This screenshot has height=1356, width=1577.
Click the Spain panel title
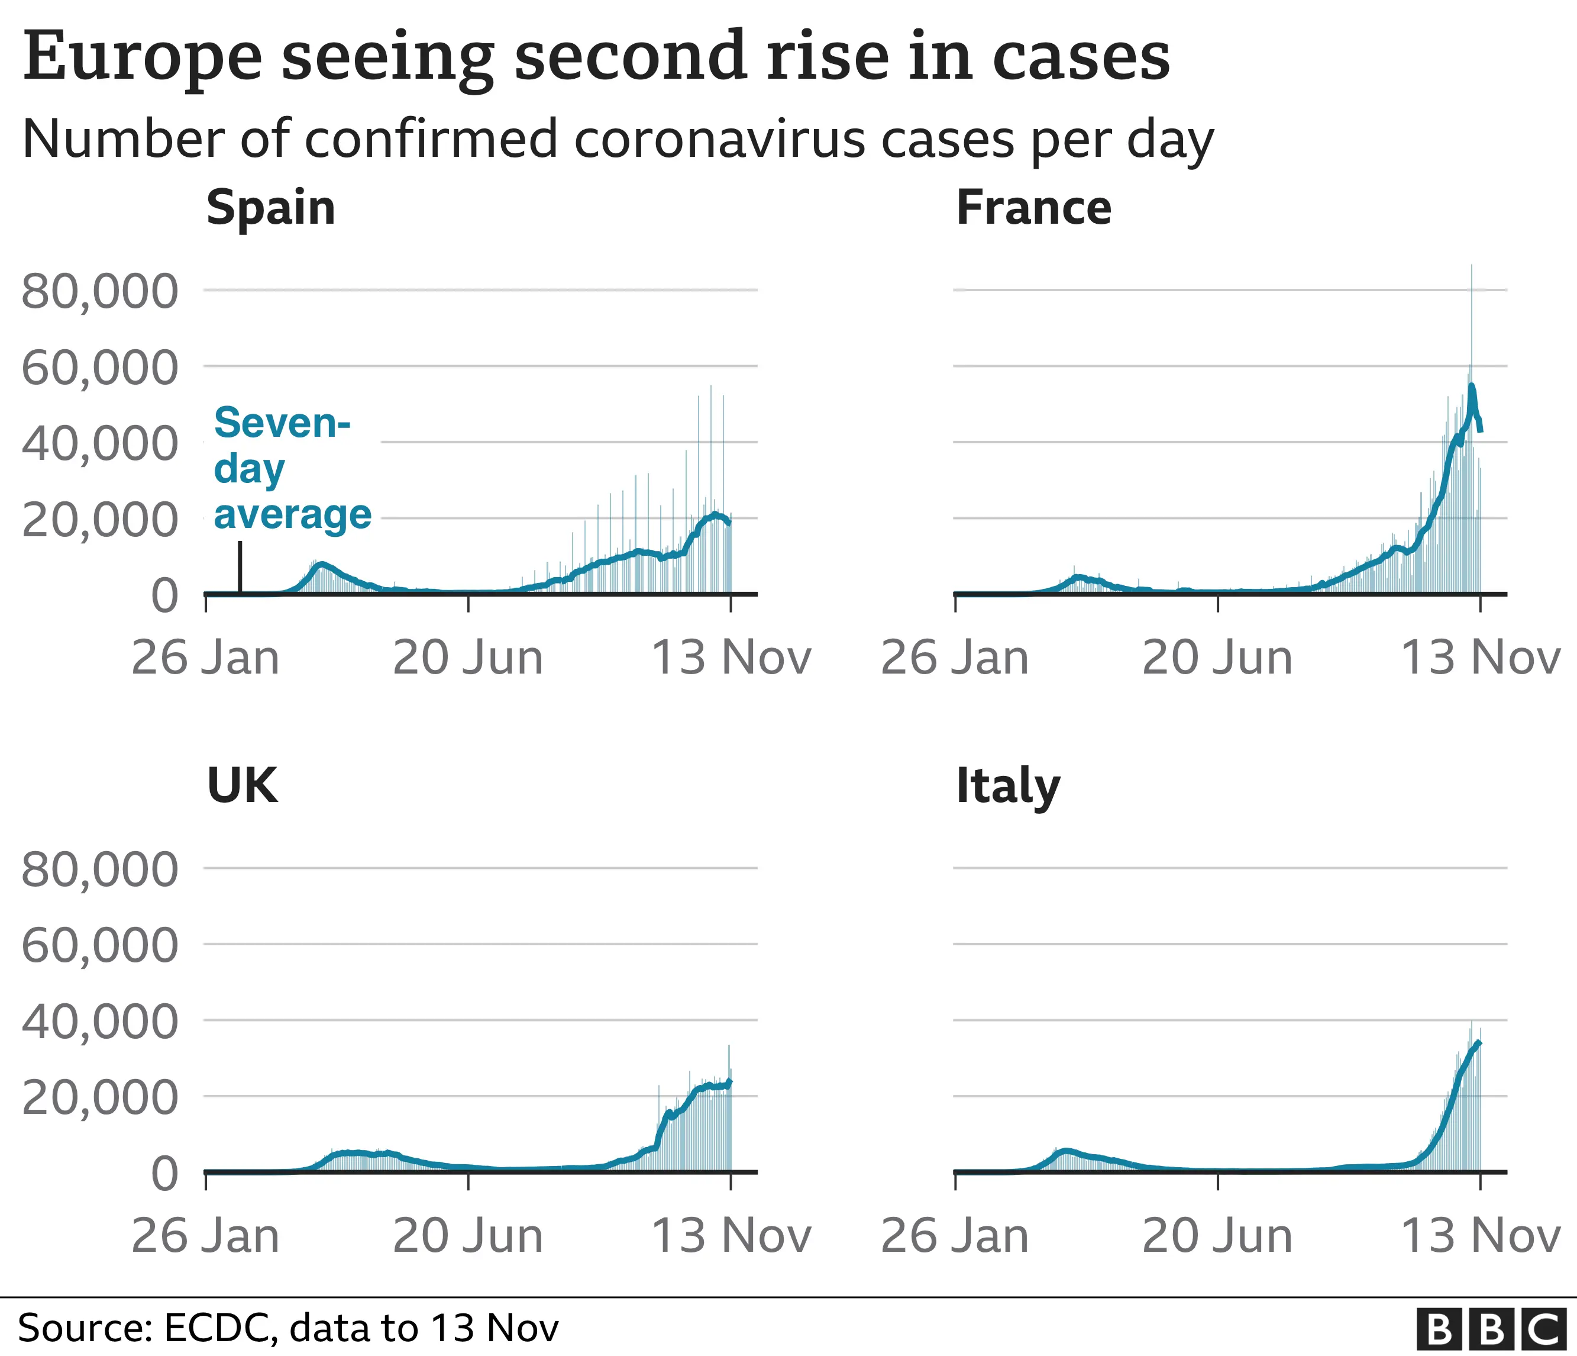coord(270,208)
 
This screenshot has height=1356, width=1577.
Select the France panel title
coord(1033,208)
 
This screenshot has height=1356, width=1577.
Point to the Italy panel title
coord(1008,787)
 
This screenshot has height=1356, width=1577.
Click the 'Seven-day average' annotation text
coord(292,468)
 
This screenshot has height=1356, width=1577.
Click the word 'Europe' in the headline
coord(143,56)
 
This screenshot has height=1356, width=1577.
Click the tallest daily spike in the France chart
coord(1471,266)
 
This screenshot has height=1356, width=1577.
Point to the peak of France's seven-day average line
coord(1472,386)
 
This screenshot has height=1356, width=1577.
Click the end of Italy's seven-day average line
coord(1479,1042)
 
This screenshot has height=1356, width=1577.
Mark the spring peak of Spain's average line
coord(322,564)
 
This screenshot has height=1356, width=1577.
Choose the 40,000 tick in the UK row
coord(100,1021)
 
